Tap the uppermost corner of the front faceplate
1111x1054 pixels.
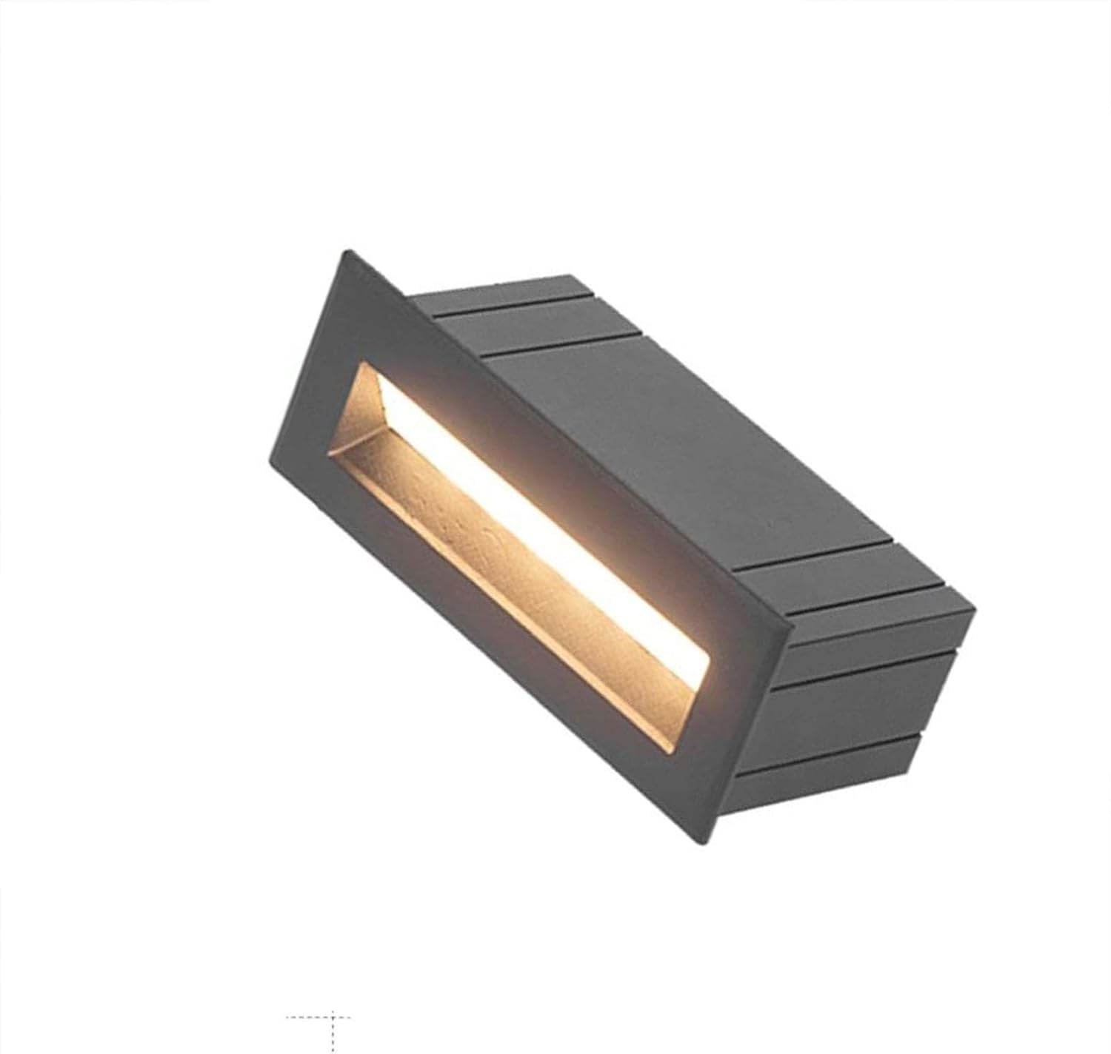343,252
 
